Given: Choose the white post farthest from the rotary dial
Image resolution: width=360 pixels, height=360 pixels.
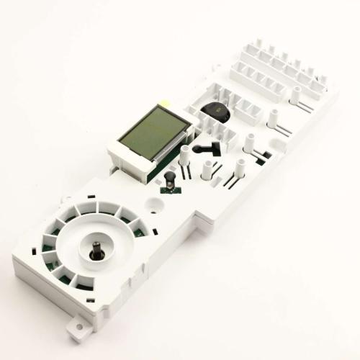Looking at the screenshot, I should coord(295,93).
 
